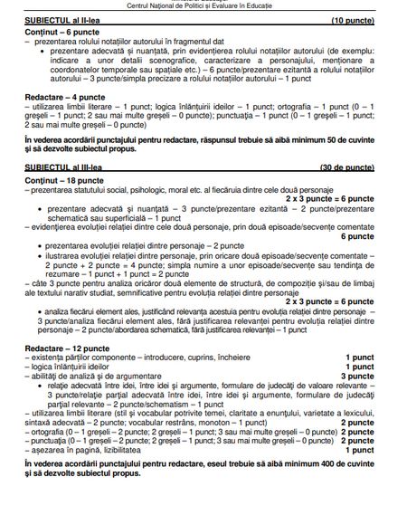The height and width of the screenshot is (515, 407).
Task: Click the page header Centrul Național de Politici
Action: (x=203, y=5)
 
